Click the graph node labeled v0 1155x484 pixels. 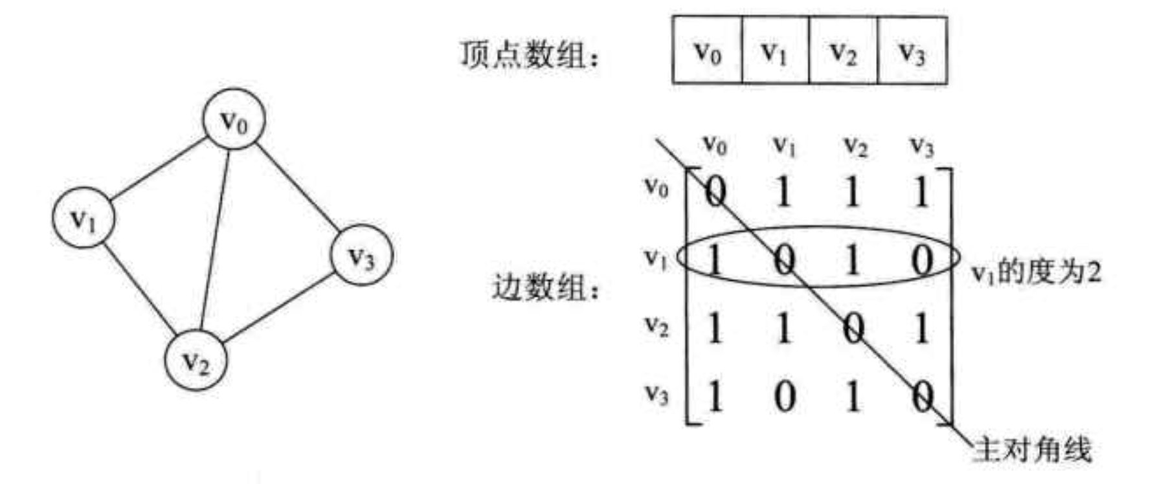(234, 120)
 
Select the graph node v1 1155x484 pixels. (84, 218)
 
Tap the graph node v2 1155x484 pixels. (196, 360)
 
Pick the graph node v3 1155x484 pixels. (361, 256)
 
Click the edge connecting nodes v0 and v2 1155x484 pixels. (215, 240)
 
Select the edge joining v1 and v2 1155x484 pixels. (139, 289)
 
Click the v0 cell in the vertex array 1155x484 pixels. (707, 50)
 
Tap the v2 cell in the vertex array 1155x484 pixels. (844, 50)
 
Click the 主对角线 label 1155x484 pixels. (1033, 450)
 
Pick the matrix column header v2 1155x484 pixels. (855, 147)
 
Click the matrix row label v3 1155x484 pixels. (656, 393)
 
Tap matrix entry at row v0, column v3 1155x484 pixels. (921, 192)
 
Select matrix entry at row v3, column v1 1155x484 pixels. (784, 396)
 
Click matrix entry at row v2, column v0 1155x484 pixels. (715, 328)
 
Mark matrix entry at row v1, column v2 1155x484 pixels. (853, 260)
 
